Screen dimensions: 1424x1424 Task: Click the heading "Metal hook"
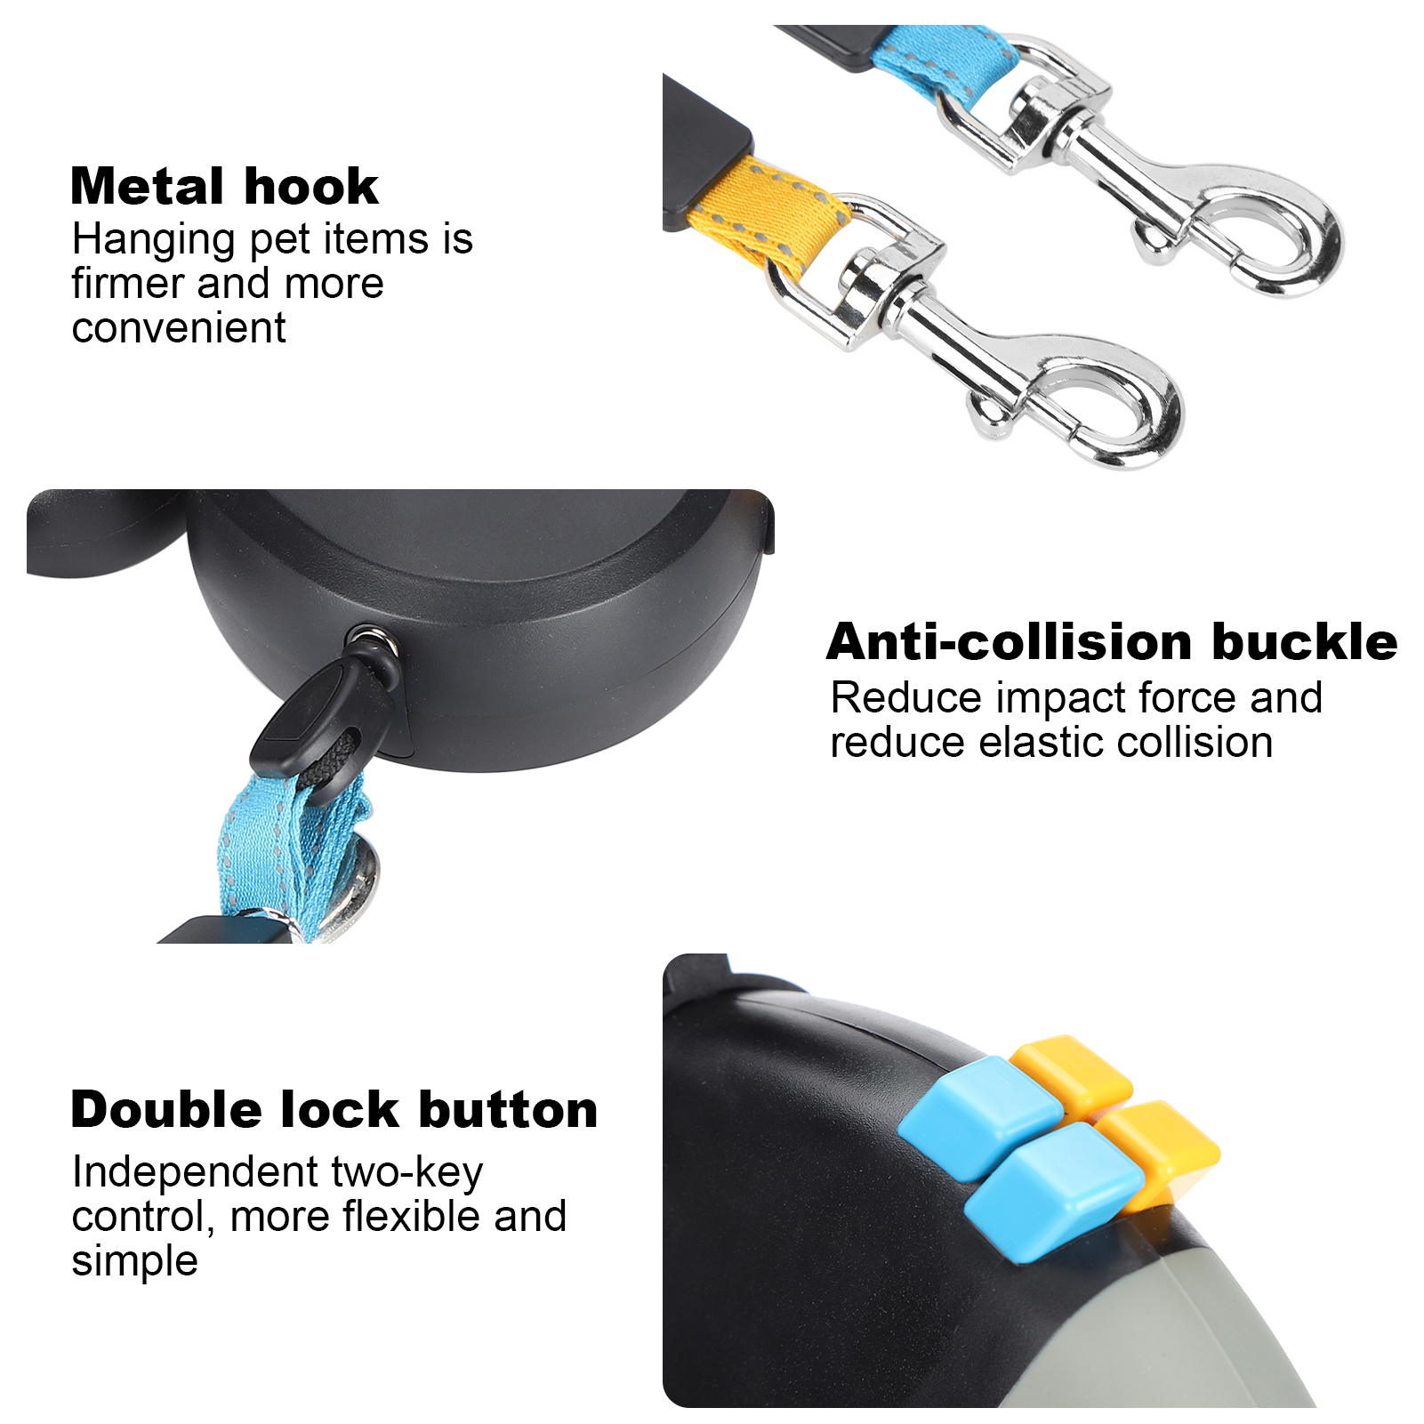[x=224, y=186]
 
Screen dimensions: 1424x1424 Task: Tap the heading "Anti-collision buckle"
[x=1112, y=641]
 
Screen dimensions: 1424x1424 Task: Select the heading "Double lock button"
[x=334, y=1109]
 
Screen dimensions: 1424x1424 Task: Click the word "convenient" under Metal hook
[x=179, y=328]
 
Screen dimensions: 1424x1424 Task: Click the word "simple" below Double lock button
[x=134, y=1261]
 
